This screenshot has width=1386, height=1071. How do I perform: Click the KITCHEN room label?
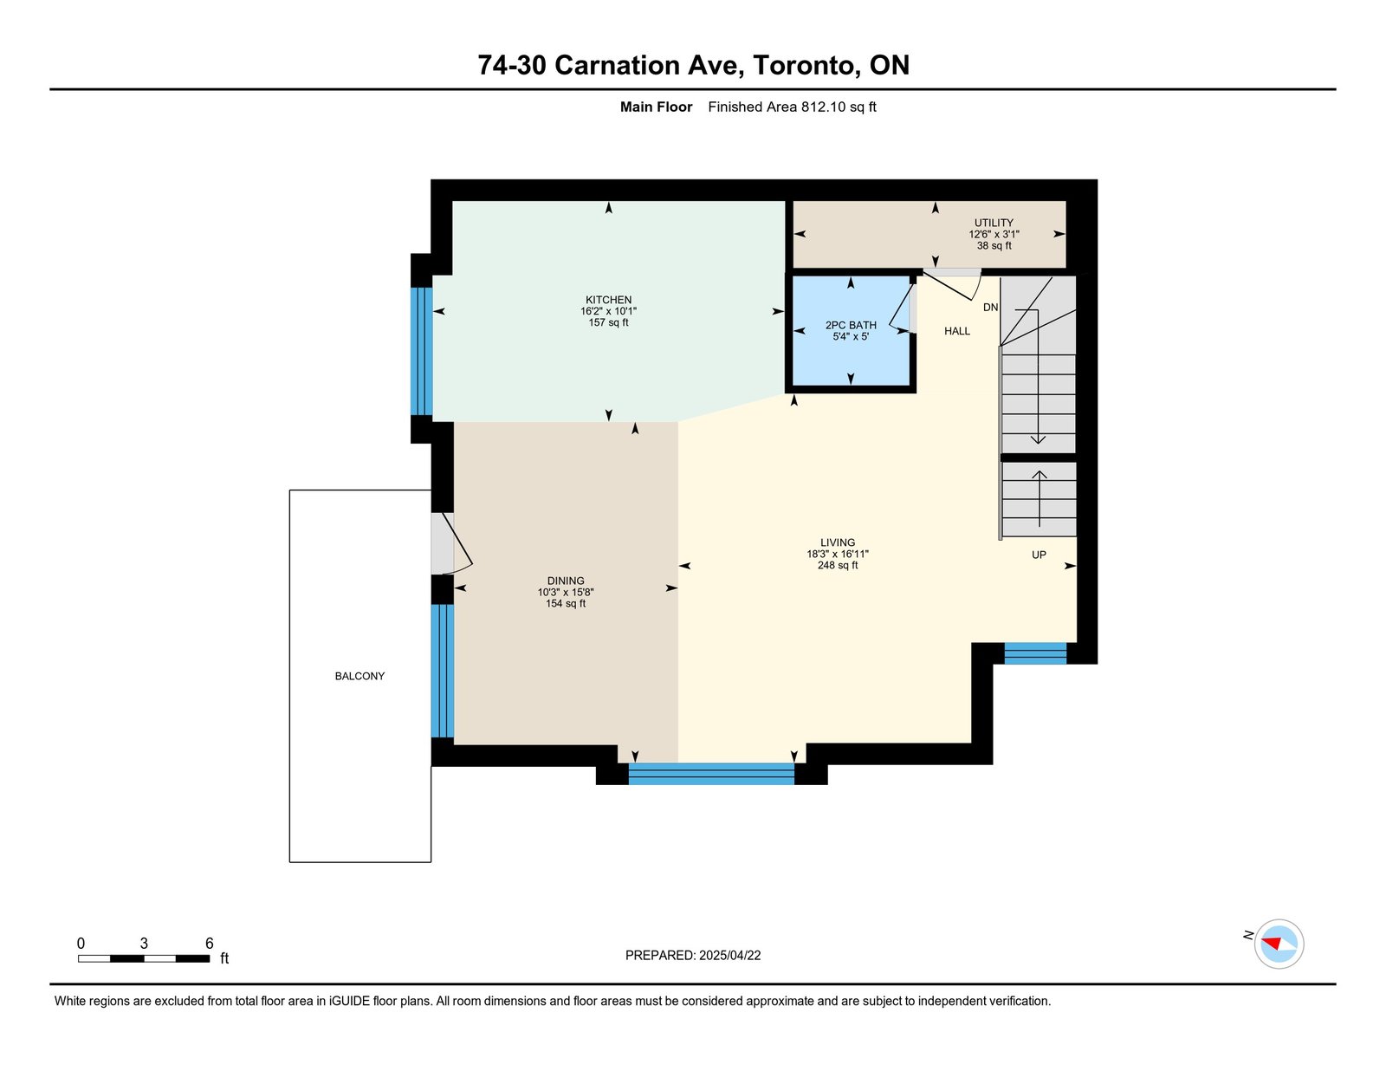(x=608, y=300)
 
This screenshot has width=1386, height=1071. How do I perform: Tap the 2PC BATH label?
(x=851, y=325)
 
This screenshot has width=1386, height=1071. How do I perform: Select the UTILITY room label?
(x=994, y=223)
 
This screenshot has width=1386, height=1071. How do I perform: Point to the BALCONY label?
(x=359, y=676)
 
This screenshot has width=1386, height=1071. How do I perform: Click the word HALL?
(x=957, y=331)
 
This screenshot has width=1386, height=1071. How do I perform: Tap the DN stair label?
(x=990, y=308)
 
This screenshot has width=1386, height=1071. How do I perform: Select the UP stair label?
(x=1039, y=555)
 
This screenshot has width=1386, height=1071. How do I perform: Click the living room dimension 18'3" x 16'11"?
(x=838, y=555)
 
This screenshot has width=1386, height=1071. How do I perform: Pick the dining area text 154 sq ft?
(x=566, y=603)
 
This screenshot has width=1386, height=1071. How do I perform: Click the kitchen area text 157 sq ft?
(x=608, y=322)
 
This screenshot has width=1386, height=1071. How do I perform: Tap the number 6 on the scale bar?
(x=210, y=944)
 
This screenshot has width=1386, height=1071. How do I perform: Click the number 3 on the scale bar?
(x=144, y=944)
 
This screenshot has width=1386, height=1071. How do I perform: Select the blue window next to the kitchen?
(x=422, y=352)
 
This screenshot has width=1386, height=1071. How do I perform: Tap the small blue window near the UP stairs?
(x=1035, y=653)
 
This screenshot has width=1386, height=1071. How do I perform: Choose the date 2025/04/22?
(x=729, y=956)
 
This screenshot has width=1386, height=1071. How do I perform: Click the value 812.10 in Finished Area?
(x=823, y=107)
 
